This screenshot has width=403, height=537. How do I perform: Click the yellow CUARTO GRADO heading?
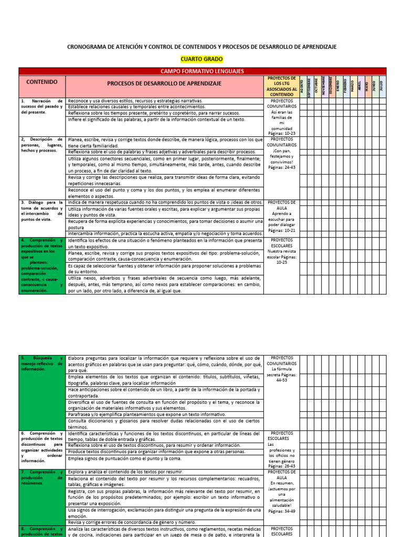[201, 59]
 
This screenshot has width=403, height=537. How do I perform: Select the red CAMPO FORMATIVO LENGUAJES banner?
[202, 71]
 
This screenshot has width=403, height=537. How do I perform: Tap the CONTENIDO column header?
[42, 82]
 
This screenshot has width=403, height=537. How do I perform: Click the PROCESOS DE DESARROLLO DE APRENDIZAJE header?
[164, 83]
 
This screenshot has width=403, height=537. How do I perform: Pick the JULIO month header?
[381, 85]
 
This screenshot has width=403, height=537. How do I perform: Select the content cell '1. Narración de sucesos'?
[42, 106]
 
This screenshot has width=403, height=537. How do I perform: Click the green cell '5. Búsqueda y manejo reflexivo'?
[42, 363]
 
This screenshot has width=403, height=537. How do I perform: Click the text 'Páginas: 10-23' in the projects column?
[282, 134]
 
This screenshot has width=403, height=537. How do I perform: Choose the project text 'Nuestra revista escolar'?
[282, 254]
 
